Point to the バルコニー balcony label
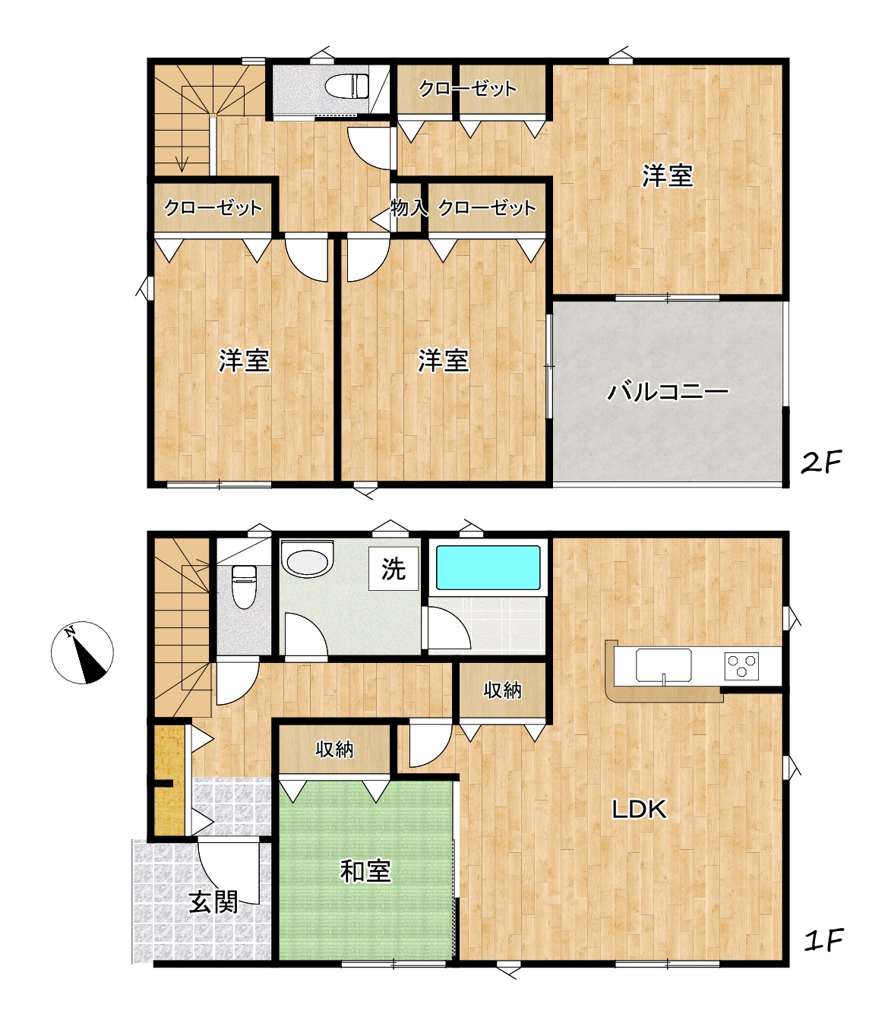click(668, 392)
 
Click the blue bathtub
click(488, 568)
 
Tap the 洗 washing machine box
click(394, 569)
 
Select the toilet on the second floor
click(347, 85)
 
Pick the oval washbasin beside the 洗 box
click(307, 560)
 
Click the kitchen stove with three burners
click(741, 665)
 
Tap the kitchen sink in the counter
click(663, 665)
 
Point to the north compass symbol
click(83, 652)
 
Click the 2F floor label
click(821, 462)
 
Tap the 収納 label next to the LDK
click(503, 690)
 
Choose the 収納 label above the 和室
click(335, 749)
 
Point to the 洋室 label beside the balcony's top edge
click(668, 175)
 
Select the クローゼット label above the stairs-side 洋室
click(213, 208)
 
